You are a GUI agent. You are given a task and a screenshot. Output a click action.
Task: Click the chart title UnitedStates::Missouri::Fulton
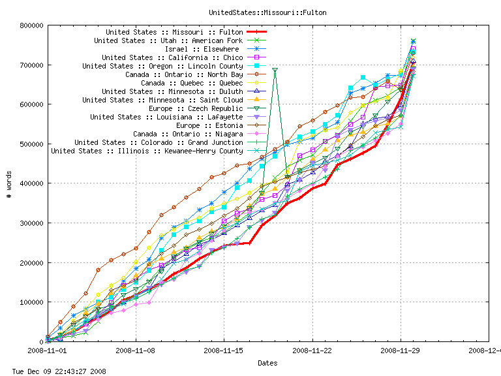click(x=267, y=12)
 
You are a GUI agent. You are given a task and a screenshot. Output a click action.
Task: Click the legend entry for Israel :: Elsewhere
click(x=202, y=49)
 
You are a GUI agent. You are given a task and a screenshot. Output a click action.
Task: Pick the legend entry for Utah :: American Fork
click(x=168, y=40)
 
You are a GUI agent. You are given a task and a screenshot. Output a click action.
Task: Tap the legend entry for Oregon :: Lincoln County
click(x=162, y=66)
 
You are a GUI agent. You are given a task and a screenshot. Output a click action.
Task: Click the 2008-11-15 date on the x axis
click(x=224, y=350)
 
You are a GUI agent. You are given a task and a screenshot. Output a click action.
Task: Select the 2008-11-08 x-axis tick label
click(x=136, y=350)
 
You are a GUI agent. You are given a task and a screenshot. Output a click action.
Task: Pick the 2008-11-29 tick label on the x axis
click(x=401, y=350)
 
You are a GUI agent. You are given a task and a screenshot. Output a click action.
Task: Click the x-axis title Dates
click(x=267, y=363)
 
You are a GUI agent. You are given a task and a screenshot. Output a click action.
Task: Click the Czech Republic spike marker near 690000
click(x=275, y=70)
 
